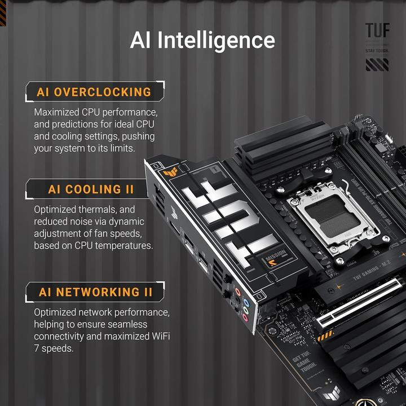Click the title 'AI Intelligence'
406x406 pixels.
tap(202, 41)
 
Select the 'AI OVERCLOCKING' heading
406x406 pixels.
tap(94, 92)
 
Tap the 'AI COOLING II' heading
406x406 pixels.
tap(92, 189)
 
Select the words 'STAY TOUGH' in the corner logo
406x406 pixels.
tap(377, 51)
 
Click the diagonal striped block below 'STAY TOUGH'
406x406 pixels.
tap(377, 65)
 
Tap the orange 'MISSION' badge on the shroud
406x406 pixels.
tap(273, 260)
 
